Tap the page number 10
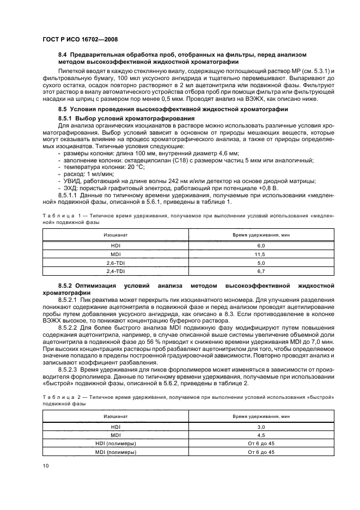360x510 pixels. point(45,465)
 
